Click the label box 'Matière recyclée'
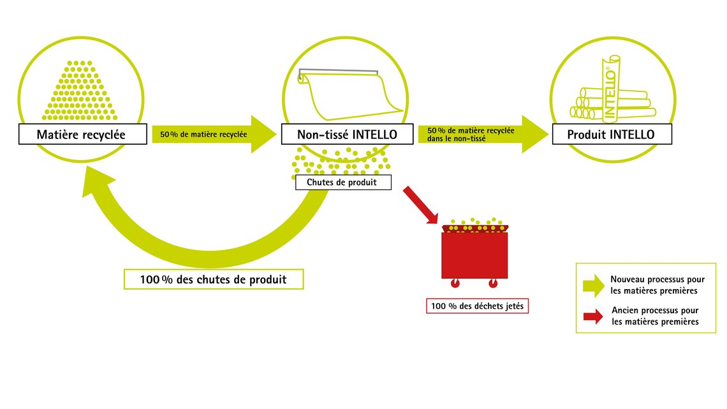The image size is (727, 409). click(x=83, y=134)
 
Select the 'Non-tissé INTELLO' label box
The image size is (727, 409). click(x=348, y=134)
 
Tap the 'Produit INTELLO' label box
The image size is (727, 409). click(x=612, y=134)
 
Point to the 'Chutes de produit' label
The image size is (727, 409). click(x=344, y=182)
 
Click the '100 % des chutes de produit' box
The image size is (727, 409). click(x=214, y=279)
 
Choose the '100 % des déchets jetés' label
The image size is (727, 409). click(x=477, y=306)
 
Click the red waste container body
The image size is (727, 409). click(x=474, y=255)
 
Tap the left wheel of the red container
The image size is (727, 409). click(x=455, y=283)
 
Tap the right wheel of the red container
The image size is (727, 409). click(x=493, y=283)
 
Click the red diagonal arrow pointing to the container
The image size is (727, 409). click(x=420, y=205)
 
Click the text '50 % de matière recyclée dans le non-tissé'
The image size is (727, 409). click(x=471, y=135)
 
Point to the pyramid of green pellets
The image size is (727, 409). click(x=80, y=91)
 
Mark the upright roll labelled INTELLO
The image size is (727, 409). click(x=610, y=87)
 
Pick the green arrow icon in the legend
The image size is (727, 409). click(x=594, y=285)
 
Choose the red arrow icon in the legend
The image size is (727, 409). click(x=594, y=316)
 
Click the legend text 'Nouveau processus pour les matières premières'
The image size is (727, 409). click(x=657, y=285)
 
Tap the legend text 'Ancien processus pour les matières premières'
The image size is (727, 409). click(x=655, y=316)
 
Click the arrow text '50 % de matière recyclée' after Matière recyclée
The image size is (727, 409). click(x=203, y=135)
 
